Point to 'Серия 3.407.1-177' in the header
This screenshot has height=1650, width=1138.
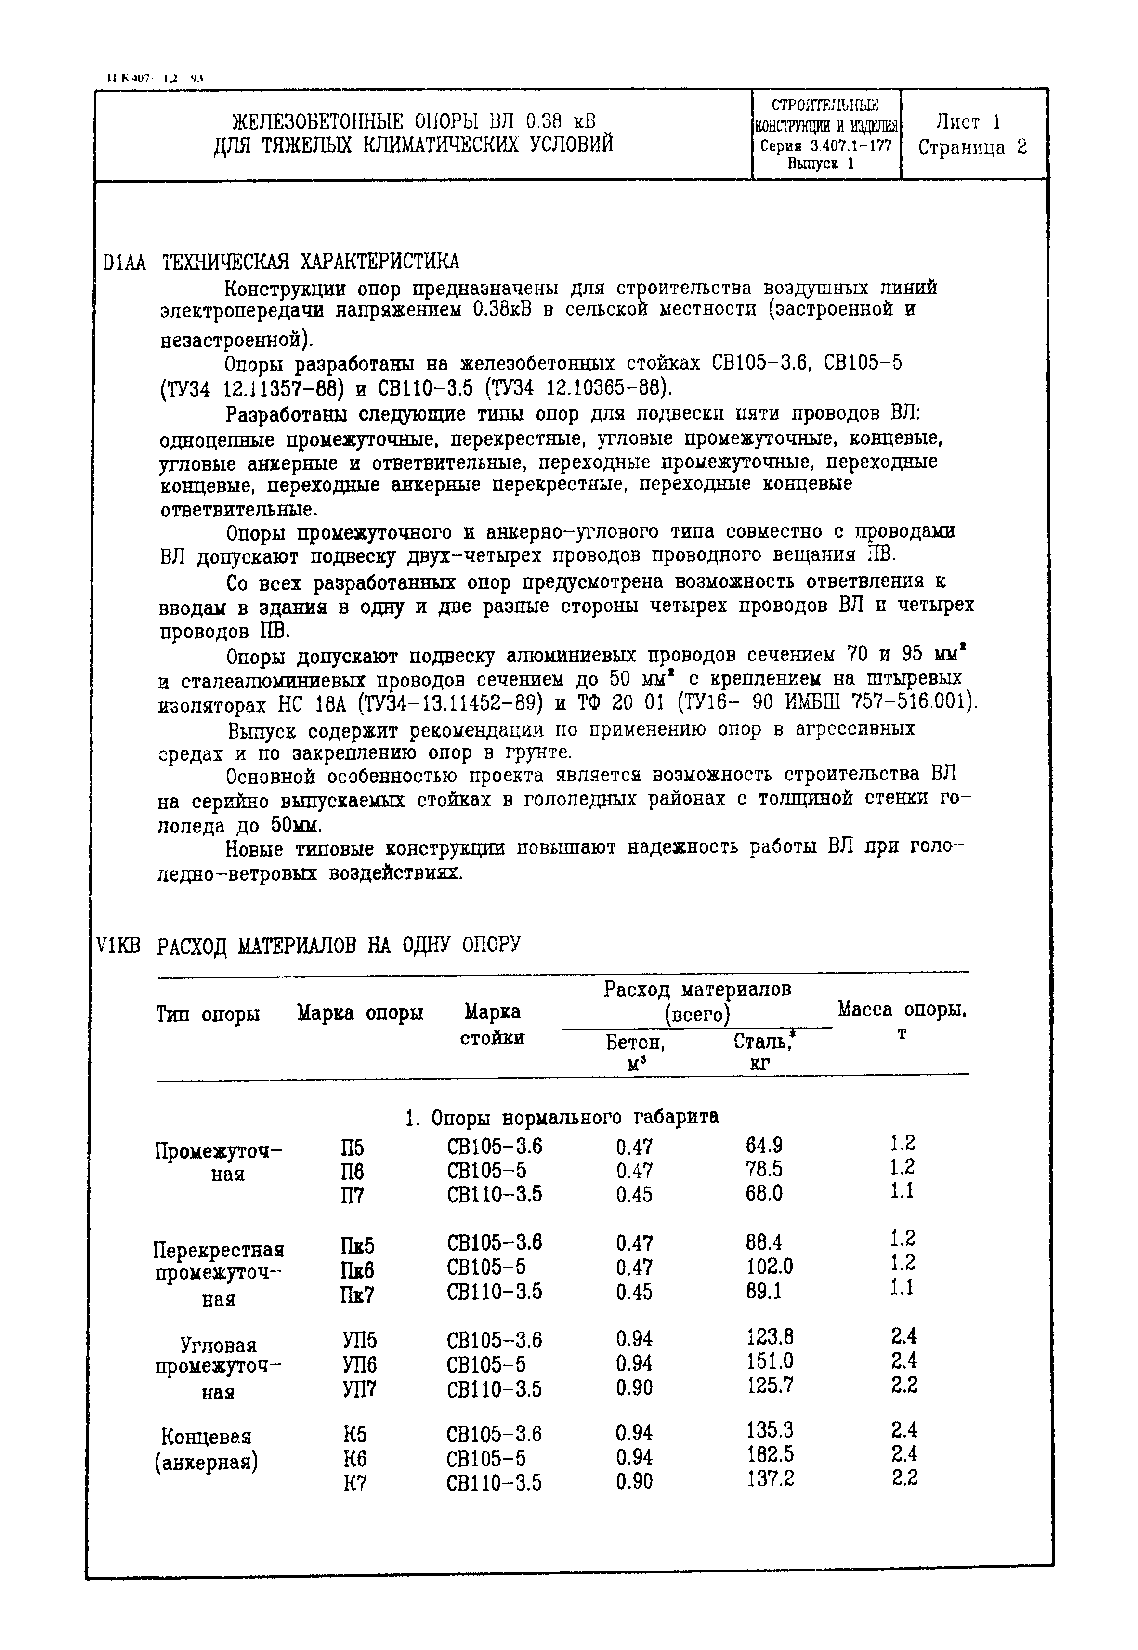pos(826,146)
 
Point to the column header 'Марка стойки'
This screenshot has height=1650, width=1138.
pos(492,1024)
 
